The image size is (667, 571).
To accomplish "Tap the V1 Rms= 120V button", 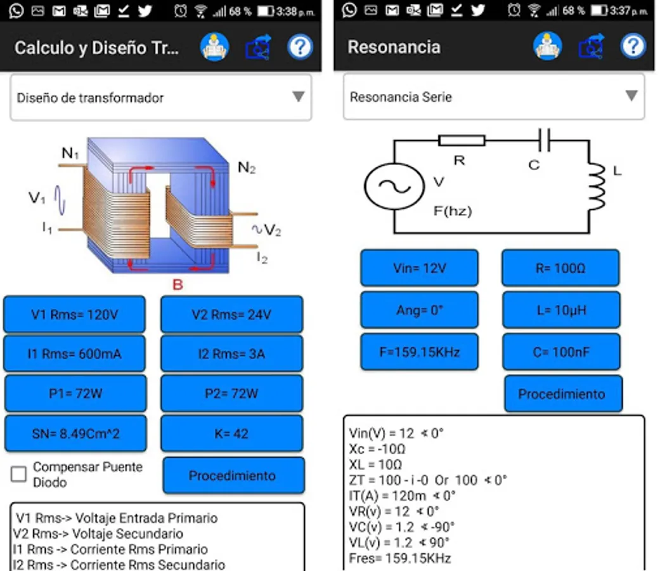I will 74,314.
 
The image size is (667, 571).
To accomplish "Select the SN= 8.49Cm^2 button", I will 75,434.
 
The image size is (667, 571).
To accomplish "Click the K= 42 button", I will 231,434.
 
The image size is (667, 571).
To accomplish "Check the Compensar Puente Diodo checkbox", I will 19,473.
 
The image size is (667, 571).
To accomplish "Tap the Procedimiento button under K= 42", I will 233,476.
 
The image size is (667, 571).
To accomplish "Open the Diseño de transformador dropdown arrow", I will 298,96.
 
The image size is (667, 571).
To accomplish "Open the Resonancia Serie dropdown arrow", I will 631,96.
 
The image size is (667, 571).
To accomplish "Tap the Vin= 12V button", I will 419,268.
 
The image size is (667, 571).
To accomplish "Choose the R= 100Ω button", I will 560,268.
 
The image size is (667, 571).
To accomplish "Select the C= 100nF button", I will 560,351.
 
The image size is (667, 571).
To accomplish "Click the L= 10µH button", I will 560,310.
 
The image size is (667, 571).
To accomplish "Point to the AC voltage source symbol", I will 393,187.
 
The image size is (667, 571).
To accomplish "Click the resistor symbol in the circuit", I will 462,140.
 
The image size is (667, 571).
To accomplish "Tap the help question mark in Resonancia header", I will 632,46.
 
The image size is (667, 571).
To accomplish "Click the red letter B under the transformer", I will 178,285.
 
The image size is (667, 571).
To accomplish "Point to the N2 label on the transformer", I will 247,167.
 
